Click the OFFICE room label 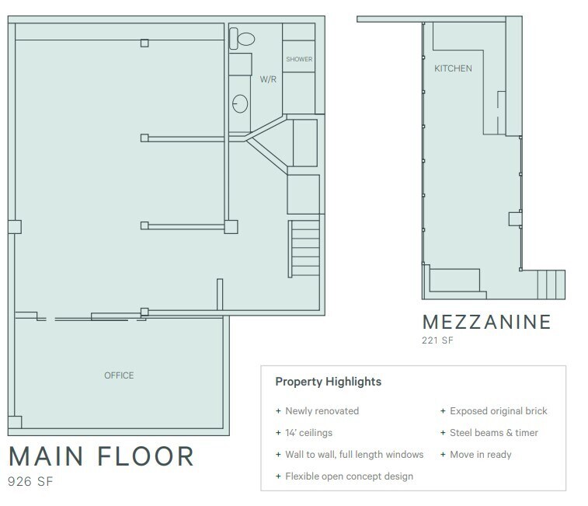coord(119,375)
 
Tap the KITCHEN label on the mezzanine coord(452,69)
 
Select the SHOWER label coord(299,59)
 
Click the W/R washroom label coord(268,79)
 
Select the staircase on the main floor coord(303,249)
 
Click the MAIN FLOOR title coord(100,456)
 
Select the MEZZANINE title coord(486,322)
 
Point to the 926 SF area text coord(30,482)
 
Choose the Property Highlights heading coord(328,382)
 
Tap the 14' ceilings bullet coord(308,433)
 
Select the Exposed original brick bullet coord(498,411)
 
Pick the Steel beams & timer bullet coord(493,433)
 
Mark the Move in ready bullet coord(480,455)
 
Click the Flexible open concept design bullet coord(349,476)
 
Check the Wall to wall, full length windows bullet coord(353,455)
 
